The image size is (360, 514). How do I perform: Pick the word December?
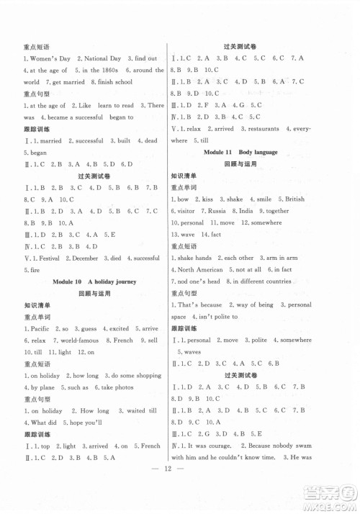90,257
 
